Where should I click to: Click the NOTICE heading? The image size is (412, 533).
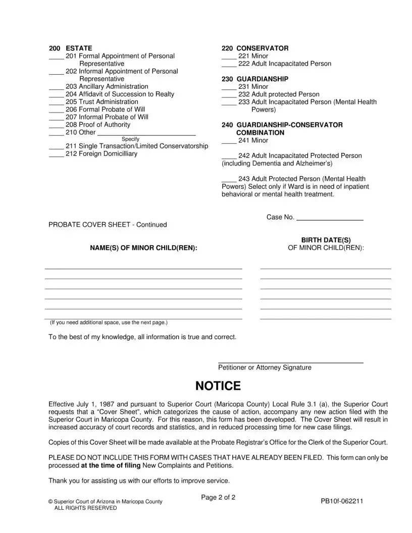(x=218, y=386)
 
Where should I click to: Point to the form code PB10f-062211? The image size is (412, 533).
(x=342, y=501)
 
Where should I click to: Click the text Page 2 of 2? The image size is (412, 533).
(x=218, y=497)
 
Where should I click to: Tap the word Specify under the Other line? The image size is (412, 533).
(x=131, y=139)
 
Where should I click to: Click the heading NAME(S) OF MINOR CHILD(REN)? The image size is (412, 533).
(x=144, y=248)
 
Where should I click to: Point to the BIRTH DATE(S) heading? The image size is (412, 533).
(x=326, y=240)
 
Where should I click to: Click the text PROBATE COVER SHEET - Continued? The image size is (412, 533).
(x=108, y=225)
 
